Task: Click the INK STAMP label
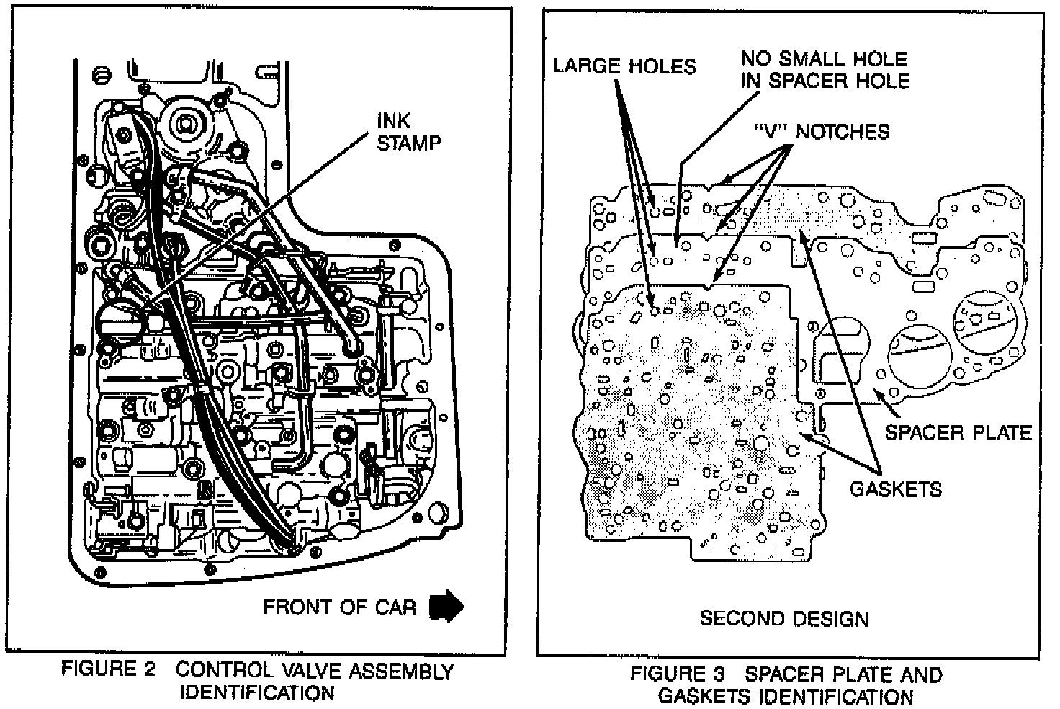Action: click(408, 133)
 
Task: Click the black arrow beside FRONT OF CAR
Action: click(446, 606)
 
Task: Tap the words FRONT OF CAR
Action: click(339, 607)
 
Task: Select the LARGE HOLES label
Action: click(624, 66)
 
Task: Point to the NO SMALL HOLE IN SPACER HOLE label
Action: click(825, 69)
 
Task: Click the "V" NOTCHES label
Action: click(821, 132)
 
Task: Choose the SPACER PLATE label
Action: click(958, 432)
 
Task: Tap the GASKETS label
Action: click(896, 489)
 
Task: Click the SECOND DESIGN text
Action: click(784, 618)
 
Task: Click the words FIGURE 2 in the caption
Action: click(108, 669)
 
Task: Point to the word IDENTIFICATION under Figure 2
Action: click(256, 693)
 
